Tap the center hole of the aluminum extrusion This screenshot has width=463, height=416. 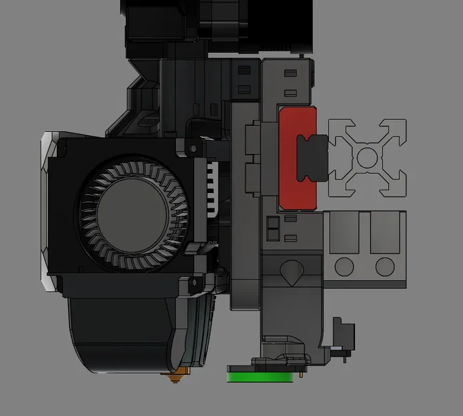tap(367, 157)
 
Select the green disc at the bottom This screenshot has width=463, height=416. tap(260, 377)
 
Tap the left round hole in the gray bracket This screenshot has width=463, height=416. tap(344, 267)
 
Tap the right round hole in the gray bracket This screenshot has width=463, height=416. tap(385, 267)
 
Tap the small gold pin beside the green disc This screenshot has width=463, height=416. tap(302, 373)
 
